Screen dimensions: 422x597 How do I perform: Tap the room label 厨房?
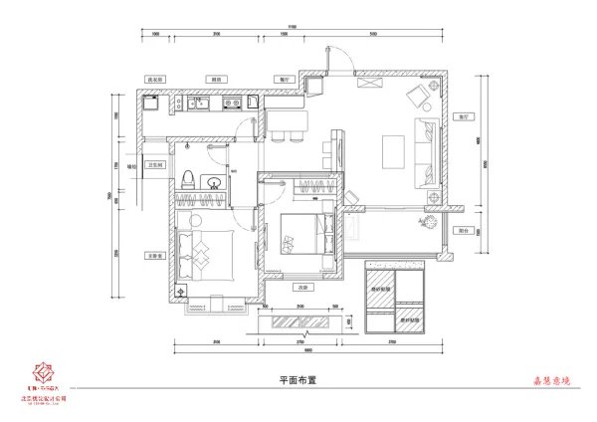(215, 77)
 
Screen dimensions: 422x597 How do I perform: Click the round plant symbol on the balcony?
(430, 221)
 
